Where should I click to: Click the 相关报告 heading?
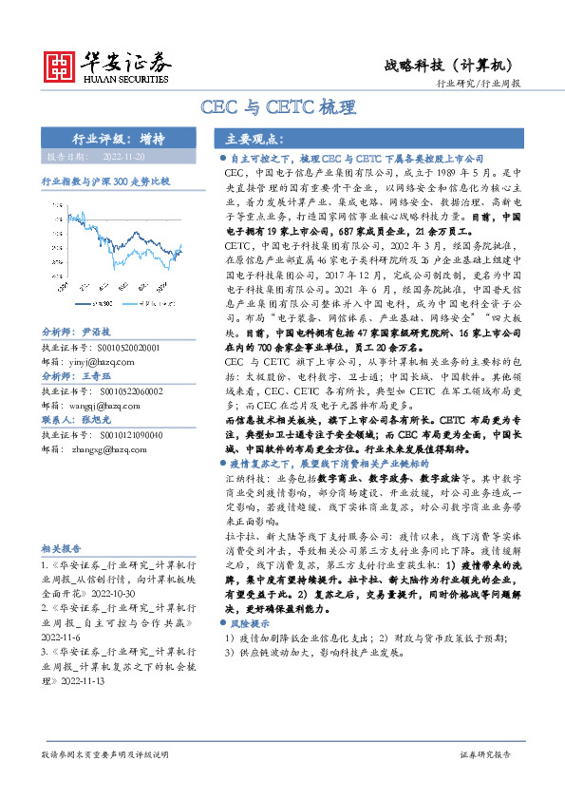pos(62,548)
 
